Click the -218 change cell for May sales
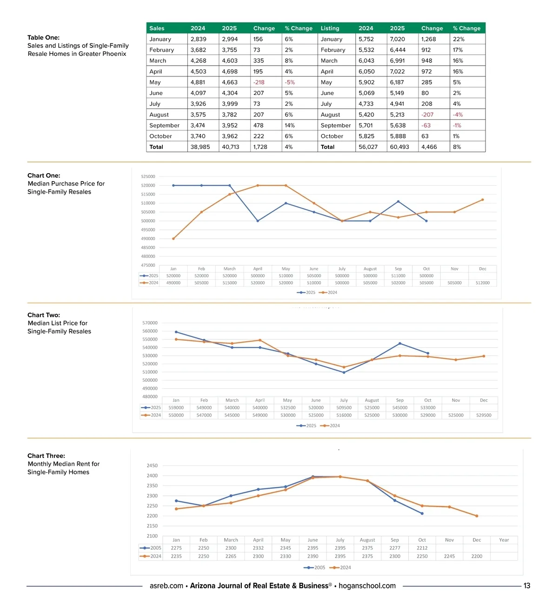pyautogui.click(x=259, y=82)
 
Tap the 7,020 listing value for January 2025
pyautogui.click(x=397, y=39)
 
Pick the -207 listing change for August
pyautogui.click(x=427, y=114)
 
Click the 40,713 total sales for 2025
pyautogui.click(x=231, y=147)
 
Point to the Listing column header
pyautogui.click(x=330, y=28)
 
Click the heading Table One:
pyautogui.click(x=43, y=38)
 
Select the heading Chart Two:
pyautogui.click(x=44, y=315)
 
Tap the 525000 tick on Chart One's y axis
pyautogui.click(x=148, y=177)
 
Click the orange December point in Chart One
pyautogui.click(x=483, y=200)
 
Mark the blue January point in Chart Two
pyautogui.click(x=176, y=332)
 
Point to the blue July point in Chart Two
pyautogui.click(x=344, y=372)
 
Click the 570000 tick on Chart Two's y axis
pyautogui.click(x=150, y=323)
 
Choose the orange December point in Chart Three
pyautogui.click(x=477, y=516)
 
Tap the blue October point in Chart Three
pyautogui.click(x=422, y=513)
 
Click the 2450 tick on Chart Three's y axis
pyautogui.click(x=152, y=465)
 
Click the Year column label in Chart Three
pyautogui.click(x=504, y=540)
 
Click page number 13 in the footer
pyautogui.click(x=527, y=586)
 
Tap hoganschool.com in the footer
pyautogui.click(x=367, y=586)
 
